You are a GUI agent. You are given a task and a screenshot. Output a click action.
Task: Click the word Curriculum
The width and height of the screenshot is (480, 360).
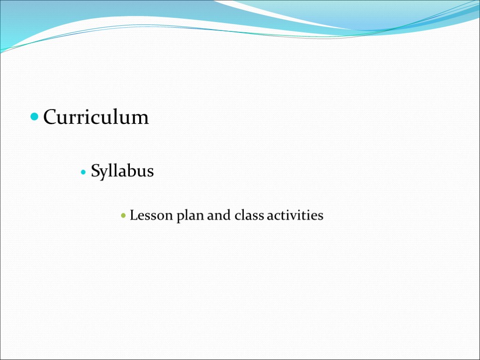click(x=96, y=117)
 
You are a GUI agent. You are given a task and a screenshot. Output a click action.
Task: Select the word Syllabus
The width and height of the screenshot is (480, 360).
click(x=122, y=172)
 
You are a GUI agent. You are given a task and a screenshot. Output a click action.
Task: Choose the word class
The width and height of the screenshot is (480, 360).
click(x=249, y=216)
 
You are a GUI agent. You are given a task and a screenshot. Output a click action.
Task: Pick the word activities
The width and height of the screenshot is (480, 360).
click(x=295, y=216)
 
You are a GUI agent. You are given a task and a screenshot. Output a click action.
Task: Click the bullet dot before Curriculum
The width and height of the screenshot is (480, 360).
click(x=35, y=117)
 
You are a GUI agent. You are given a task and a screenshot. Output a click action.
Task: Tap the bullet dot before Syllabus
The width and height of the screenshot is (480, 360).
click(x=83, y=172)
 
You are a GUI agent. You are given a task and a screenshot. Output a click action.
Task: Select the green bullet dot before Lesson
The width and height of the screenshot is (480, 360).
click(x=123, y=217)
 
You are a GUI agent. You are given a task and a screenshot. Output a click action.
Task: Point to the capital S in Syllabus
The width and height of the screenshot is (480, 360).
click(x=95, y=172)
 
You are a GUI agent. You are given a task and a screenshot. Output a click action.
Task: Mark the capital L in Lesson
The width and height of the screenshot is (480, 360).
click(x=134, y=216)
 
